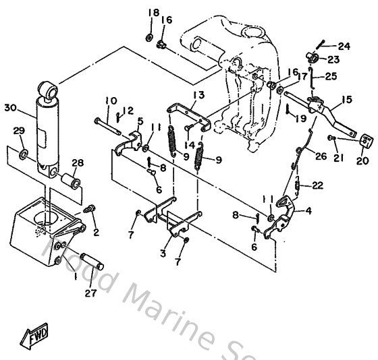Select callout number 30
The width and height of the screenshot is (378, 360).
click(x=9, y=107)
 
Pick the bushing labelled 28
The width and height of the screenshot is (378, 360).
click(x=72, y=182)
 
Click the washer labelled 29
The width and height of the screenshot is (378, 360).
click(x=24, y=156)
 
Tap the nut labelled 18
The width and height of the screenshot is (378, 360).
click(x=149, y=35)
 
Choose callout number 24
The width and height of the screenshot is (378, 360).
click(x=345, y=46)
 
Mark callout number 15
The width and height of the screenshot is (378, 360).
click(x=347, y=100)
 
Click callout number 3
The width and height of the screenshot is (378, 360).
click(x=161, y=253)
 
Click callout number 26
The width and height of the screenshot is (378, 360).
click(x=320, y=156)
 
